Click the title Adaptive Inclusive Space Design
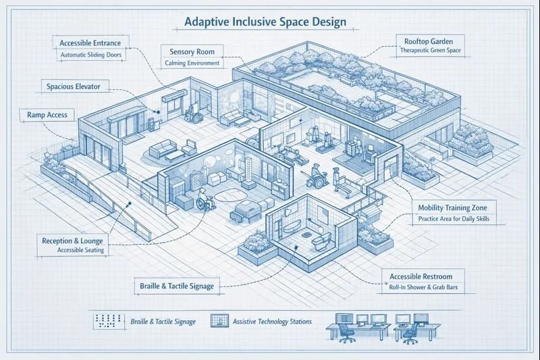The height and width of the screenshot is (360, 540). click(265, 22)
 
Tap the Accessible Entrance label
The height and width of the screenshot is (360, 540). click(90, 43)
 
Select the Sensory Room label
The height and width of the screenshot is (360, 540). click(192, 51)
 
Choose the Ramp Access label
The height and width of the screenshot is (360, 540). click(47, 115)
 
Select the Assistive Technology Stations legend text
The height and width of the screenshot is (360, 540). click(272, 322)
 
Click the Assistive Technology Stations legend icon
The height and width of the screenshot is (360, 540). click(219, 320)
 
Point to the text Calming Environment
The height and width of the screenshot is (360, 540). click(192, 63)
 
